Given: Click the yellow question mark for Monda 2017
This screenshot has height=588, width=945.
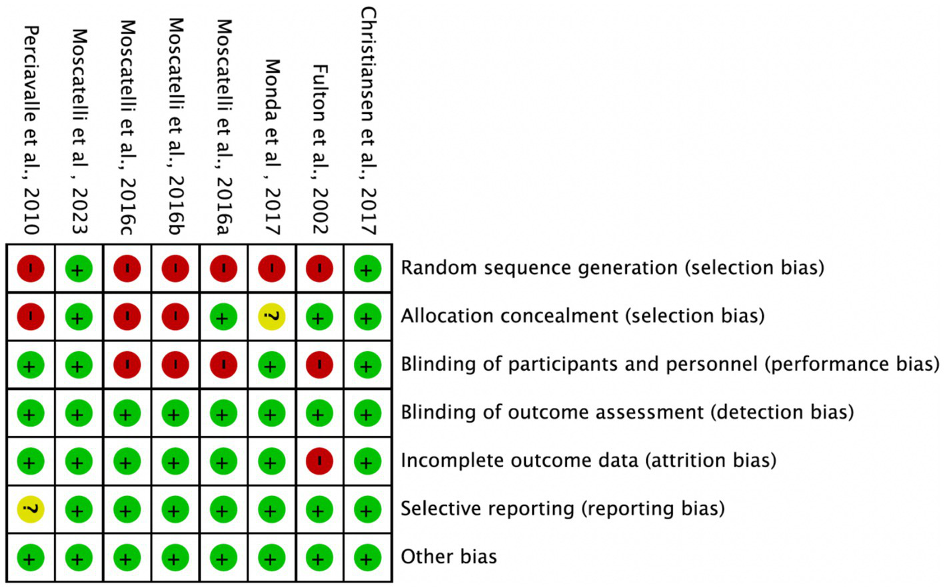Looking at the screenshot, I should [271, 317].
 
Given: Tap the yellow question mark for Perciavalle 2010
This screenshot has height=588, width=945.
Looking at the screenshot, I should [31, 509].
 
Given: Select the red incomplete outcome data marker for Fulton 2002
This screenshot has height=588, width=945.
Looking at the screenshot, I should [319, 461].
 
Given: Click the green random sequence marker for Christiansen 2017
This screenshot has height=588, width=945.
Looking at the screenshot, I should [367, 269].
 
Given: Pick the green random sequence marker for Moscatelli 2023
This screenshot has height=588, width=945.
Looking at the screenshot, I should [79, 269].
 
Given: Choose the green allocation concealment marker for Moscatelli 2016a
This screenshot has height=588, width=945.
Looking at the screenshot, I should [223, 317].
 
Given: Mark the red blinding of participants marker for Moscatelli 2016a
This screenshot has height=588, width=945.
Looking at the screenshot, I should [223, 365].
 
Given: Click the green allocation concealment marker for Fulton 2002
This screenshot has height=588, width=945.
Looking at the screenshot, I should [319, 317].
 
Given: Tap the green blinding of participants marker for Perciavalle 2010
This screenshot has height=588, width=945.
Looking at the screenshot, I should [31, 365].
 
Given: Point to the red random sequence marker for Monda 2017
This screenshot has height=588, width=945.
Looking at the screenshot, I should [271, 269].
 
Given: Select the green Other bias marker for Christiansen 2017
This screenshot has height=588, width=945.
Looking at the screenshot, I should [367, 558].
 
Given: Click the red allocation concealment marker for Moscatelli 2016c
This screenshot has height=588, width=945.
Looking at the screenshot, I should [127, 317].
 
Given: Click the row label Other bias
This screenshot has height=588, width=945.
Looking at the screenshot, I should [449, 557].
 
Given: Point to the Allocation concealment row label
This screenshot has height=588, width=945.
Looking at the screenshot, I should [582, 316].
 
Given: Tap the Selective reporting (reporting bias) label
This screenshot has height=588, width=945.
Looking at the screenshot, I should [562, 509].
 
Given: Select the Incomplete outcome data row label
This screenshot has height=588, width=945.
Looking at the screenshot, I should [588, 461].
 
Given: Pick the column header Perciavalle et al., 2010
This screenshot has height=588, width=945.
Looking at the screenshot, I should [31, 130].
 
